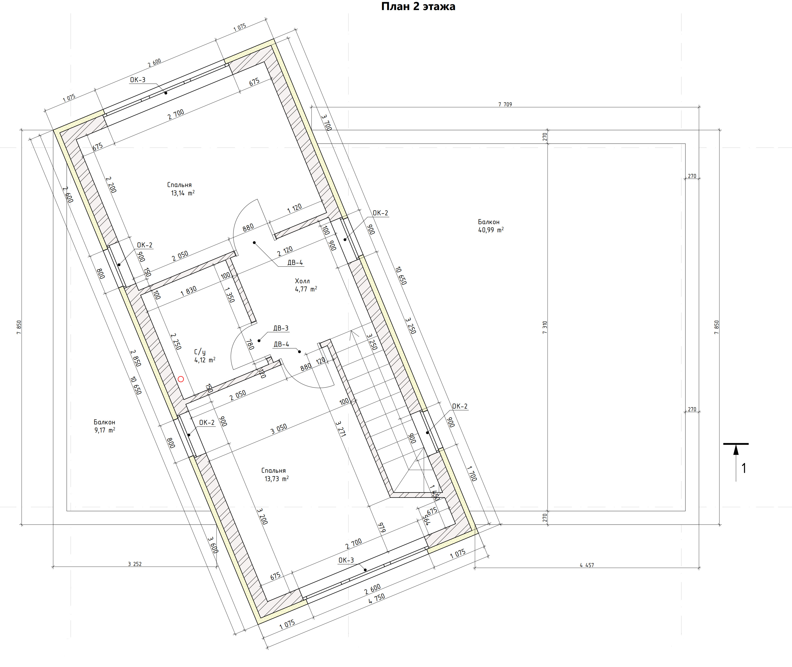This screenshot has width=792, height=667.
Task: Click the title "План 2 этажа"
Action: pyautogui.click(x=418, y=6)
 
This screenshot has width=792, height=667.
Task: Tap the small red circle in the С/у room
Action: pyautogui.click(x=181, y=379)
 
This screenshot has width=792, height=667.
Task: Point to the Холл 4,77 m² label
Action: pyautogui.click(x=306, y=285)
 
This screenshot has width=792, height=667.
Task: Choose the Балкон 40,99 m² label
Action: pyautogui.click(x=490, y=226)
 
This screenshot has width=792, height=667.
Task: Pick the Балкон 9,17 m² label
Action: pyautogui.click(x=105, y=426)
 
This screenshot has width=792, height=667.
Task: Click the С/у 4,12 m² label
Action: pyautogui.click(x=204, y=356)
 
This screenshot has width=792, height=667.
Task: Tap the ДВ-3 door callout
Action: pyautogui.click(x=281, y=328)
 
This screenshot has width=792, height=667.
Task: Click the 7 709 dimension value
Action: pyautogui.click(x=505, y=104)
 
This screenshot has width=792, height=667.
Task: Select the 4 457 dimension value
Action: pyautogui.click(x=587, y=565)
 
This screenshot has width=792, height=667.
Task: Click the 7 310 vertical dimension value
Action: pyautogui.click(x=545, y=327)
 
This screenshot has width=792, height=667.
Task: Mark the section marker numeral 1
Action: pyautogui.click(x=744, y=468)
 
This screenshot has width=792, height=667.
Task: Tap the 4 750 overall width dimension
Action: pyautogui.click(x=377, y=599)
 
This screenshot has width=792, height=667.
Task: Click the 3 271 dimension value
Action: pyautogui.click(x=341, y=429)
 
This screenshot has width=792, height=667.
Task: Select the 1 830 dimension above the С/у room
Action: pyautogui.click(x=188, y=291)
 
